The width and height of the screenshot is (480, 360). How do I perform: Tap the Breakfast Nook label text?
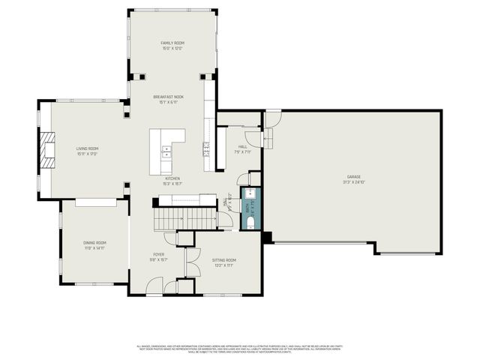click(172, 97)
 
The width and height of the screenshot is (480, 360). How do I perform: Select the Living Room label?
click(87, 148)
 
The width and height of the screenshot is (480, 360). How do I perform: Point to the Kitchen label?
click(172, 178)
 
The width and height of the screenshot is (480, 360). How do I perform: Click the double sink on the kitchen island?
click(166, 152)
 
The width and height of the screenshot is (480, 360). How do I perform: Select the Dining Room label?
click(94, 243)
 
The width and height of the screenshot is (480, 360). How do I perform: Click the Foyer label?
click(157, 256)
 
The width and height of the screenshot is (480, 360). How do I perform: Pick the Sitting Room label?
click(223, 259)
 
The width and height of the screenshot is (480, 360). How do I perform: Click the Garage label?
click(353, 177)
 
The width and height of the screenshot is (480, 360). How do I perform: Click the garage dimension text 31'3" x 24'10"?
click(353, 182)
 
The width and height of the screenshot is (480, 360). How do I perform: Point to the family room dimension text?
click(172, 49)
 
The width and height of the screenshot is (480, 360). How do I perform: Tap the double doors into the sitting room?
click(187, 262)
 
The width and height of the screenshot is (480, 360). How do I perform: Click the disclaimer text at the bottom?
click(239, 348)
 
